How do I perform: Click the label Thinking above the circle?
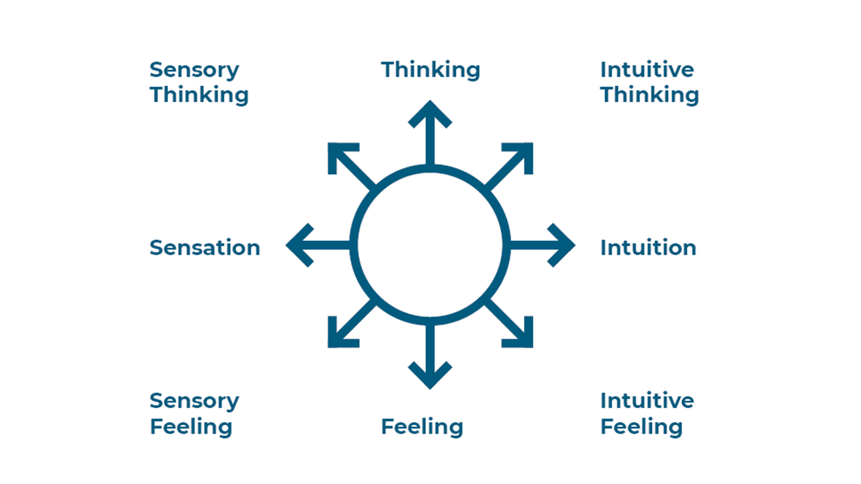(x=430, y=70)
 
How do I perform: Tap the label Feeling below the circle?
(x=422, y=427)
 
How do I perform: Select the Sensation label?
(x=204, y=247)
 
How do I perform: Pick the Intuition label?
(x=648, y=247)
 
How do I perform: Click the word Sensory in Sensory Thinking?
(x=194, y=70)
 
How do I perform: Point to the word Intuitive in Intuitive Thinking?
(x=646, y=70)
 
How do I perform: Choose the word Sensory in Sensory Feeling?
(x=194, y=401)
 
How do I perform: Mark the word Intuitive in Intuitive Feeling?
(x=646, y=401)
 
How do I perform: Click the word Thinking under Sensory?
(x=199, y=95)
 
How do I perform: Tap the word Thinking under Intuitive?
(x=649, y=95)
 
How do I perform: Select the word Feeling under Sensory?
(x=191, y=427)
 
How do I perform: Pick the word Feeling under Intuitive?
(x=641, y=427)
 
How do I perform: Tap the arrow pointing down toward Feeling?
(x=430, y=356)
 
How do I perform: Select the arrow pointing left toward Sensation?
(x=316, y=245)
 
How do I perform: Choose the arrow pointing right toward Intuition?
(x=544, y=245)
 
